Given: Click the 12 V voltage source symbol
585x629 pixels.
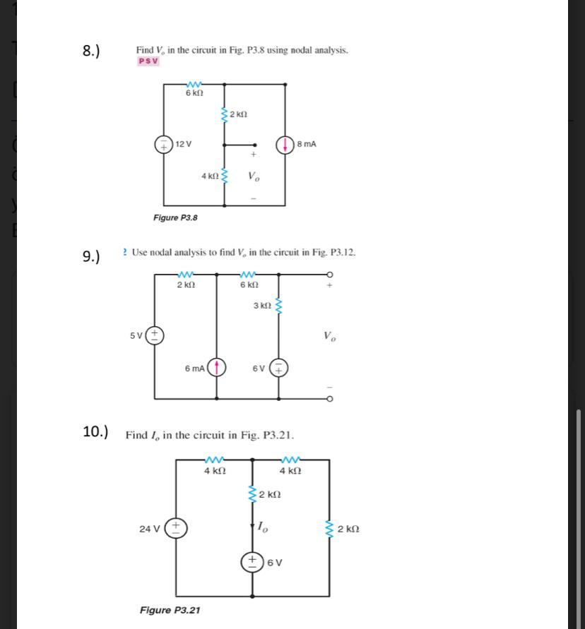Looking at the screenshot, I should (164, 144).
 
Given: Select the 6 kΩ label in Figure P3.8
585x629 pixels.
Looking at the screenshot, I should (194, 93).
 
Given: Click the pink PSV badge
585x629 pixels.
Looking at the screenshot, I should (148, 61).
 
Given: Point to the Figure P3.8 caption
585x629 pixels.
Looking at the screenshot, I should (175, 217).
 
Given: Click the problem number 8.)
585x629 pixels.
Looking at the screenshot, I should (91, 51).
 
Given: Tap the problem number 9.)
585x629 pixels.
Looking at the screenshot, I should (92, 256).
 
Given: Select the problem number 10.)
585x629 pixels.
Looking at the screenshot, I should (95, 431).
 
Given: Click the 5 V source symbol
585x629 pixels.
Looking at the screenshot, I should (155, 335).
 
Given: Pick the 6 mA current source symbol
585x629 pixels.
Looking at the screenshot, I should (216, 367).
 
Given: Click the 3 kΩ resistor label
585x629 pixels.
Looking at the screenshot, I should (261, 306).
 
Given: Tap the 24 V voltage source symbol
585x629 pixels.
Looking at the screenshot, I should (176, 527).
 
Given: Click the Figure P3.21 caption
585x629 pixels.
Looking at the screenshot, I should (170, 610).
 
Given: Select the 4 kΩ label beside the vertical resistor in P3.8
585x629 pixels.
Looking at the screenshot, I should (209, 176).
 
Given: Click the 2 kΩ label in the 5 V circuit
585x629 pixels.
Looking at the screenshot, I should (185, 285).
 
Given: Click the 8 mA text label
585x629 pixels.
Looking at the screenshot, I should (307, 144).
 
